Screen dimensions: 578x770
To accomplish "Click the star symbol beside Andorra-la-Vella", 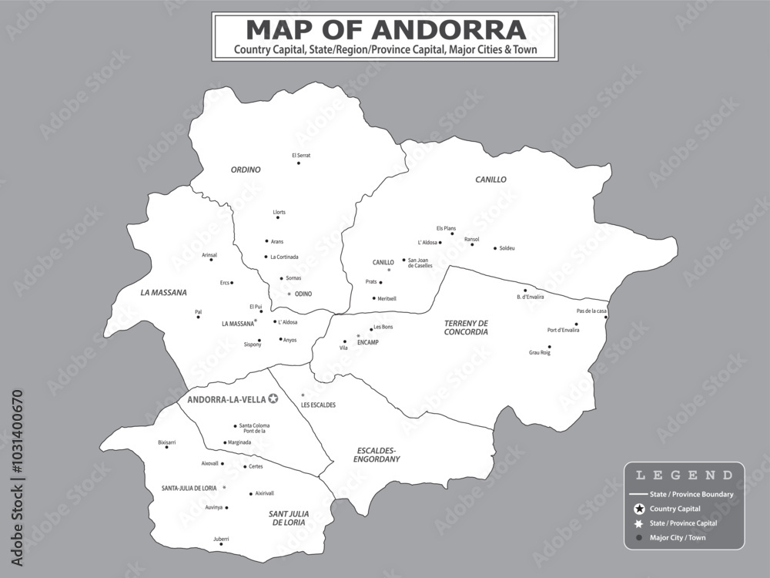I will pyautogui.click(x=273, y=399).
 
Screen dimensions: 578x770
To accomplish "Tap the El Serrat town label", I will pyautogui.click(x=300, y=155).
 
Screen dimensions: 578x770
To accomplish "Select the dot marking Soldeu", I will pyautogui.click(x=495, y=248).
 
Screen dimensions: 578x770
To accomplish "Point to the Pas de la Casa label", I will pyautogui.click(x=591, y=311).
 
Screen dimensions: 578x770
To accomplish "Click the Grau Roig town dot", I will pyautogui.click(x=549, y=347).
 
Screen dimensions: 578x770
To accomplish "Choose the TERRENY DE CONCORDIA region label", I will pyautogui.click(x=466, y=328).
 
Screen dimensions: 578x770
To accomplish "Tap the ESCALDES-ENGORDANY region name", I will pyautogui.click(x=377, y=454).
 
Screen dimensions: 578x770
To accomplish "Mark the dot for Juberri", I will pyautogui.click(x=221, y=544).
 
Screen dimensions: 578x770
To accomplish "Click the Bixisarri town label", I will pyautogui.click(x=166, y=442).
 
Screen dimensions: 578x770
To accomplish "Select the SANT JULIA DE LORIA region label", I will pyautogui.click(x=289, y=518).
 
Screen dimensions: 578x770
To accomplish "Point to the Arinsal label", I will pyautogui.click(x=209, y=254).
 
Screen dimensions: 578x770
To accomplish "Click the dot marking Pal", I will pyautogui.click(x=199, y=318).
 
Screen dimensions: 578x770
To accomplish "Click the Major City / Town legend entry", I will pyautogui.click(x=678, y=538).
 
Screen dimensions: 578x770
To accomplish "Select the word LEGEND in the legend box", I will pyautogui.click(x=684, y=476).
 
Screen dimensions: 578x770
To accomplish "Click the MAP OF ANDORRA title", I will pyautogui.click(x=385, y=30).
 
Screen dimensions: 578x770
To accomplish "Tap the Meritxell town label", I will pyautogui.click(x=387, y=298).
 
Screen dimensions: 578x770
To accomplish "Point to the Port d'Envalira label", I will pyautogui.click(x=563, y=330).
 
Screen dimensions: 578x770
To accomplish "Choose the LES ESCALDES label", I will pyautogui.click(x=318, y=405).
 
